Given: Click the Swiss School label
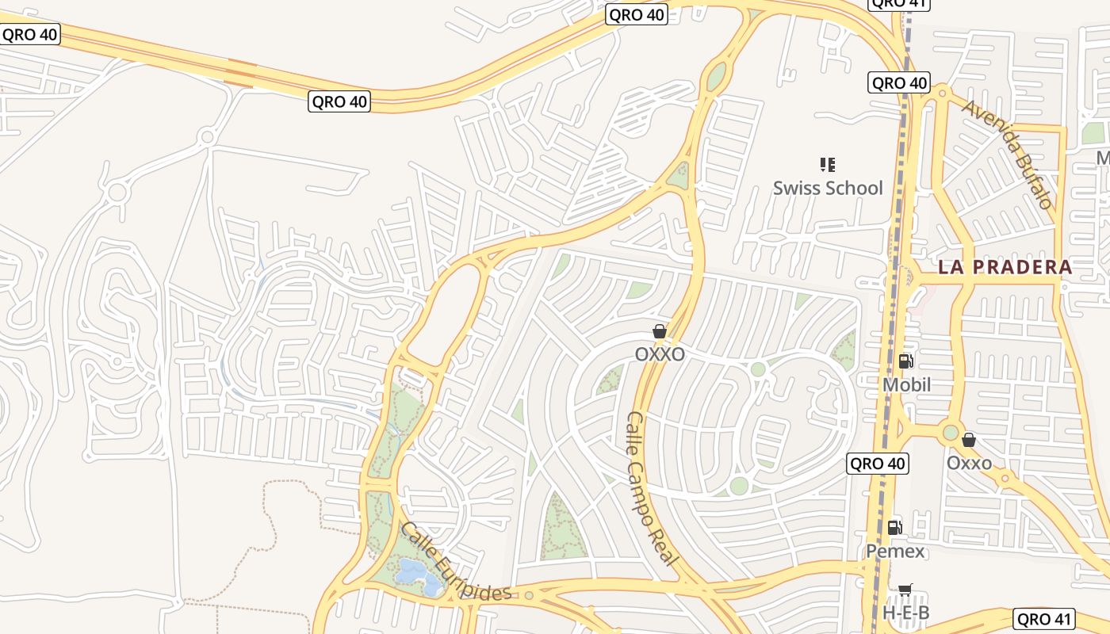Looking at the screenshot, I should tap(828, 188).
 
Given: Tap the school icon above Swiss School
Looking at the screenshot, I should tap(828, 165).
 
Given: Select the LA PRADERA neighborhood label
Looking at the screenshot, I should tap(1005, 267).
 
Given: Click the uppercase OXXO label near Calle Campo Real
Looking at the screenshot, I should tap(660, 354).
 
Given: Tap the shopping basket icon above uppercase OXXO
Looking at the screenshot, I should tap(660, 331).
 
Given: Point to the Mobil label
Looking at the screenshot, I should tap(906, 384).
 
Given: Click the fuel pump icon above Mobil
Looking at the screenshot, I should tap(905, 361).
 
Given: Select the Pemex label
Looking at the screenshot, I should tap(895, 551).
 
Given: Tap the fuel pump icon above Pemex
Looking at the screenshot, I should tap(895, 527).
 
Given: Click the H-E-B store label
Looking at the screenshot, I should tap(905, 613).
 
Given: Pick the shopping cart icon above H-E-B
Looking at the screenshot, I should tap(905, 590).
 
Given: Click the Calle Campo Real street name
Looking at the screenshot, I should tap(653, 488).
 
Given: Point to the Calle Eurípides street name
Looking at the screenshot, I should tap(456, 561).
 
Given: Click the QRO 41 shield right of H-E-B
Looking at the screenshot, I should tap(1044, 619).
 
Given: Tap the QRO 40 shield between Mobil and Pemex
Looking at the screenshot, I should tap(877, 464).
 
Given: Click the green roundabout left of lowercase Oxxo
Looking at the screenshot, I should tap(950, 433).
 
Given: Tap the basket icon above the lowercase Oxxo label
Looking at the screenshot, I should tap(968, 440).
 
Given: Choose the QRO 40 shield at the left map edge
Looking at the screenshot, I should tap(29, 34).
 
